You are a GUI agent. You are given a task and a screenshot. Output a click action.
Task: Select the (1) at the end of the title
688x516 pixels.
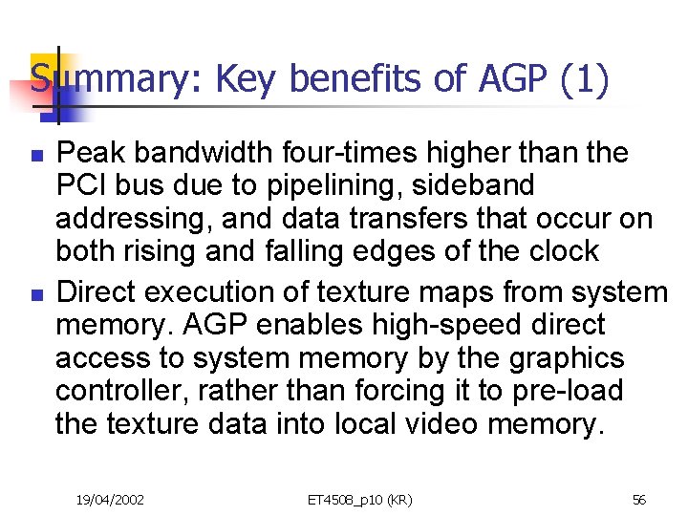tap(585, 79)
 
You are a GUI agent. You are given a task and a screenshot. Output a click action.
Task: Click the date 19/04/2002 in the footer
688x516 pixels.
tap(111, 499)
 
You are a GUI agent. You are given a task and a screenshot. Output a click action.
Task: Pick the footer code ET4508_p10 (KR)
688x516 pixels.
tap(359, 499)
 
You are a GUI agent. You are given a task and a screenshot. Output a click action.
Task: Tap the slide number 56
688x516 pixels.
tap(640, 499)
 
